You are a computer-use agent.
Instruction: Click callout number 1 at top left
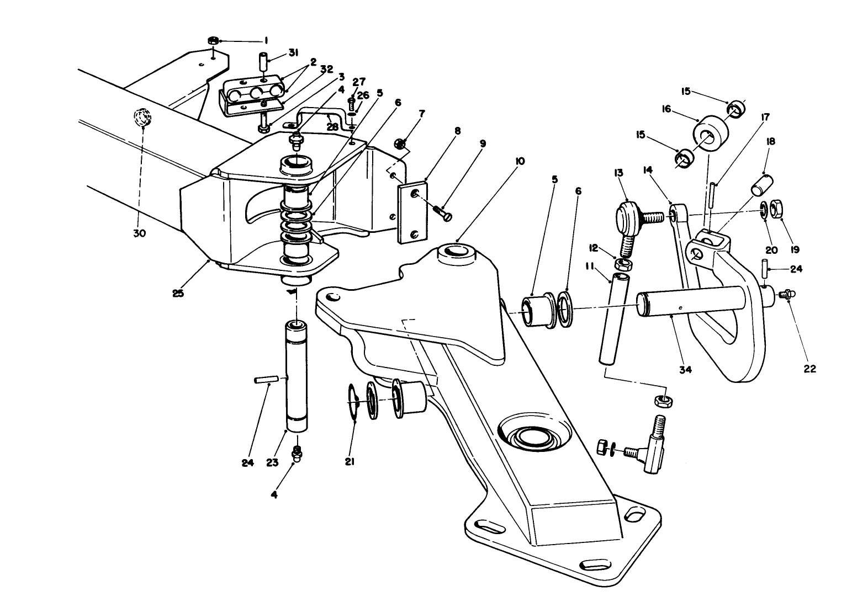[x=266, y=40]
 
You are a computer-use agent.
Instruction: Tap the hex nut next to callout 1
[x=213, y=41]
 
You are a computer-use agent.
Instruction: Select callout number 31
[x=293, y=53]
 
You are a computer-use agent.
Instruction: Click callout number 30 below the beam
[x=139, y=233]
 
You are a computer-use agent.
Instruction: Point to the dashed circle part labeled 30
[x=142, y=118]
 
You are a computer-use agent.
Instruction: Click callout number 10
[x=520, y=161]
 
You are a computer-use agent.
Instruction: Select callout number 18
[x=771, y=141]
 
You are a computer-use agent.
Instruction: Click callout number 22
[x=809, y=369]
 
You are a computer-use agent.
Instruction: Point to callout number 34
[x=685, y=370]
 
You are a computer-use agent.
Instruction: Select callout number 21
[x=350, y=461]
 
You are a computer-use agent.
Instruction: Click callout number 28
[x=332, y=126]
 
